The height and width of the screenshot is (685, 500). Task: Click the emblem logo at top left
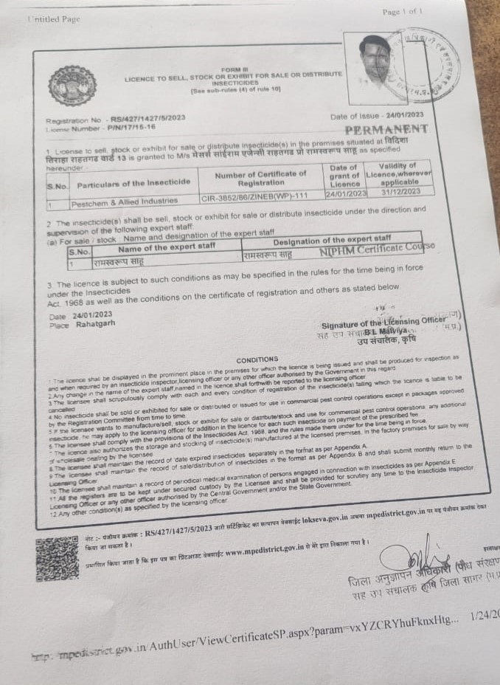72,86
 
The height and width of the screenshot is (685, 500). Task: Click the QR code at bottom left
57,558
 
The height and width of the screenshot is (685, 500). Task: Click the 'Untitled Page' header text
53,19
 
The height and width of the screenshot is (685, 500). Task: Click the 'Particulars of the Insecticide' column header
128,185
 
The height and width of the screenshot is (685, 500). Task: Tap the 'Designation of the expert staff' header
332,241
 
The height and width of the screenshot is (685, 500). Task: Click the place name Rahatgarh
91,324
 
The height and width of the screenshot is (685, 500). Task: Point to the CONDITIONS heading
257,359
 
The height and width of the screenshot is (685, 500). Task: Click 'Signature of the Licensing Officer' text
383,323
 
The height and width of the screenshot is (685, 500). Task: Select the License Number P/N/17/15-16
103,127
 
